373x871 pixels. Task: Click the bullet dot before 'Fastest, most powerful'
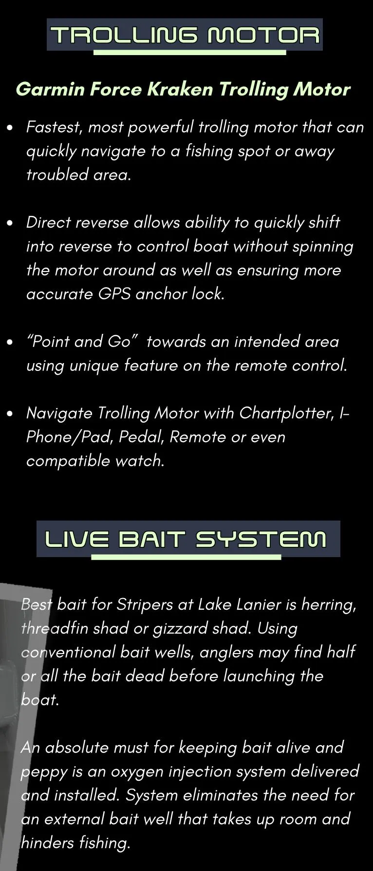pos(10,128)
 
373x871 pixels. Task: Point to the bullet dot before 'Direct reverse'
pos(10,224)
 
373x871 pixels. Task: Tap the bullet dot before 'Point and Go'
pos(10,343)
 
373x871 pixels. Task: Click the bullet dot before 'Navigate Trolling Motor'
pos(10,414)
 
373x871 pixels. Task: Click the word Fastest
pos(54,127)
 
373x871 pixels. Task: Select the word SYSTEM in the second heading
pos(261,540)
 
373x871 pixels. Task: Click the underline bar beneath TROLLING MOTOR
pos(189,52)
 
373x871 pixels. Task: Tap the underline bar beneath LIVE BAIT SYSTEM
pos(186,557)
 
